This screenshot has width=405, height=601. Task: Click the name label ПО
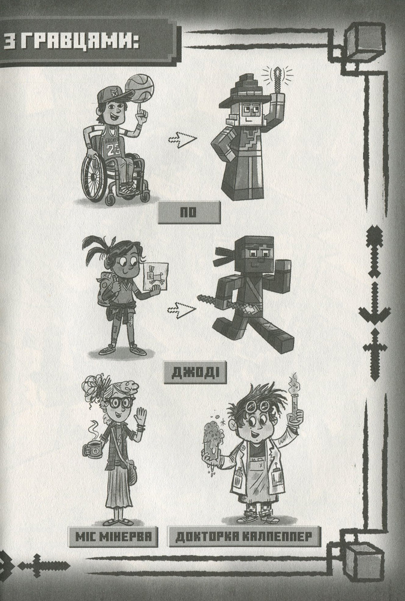189,212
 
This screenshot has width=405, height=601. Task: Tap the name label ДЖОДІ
195,373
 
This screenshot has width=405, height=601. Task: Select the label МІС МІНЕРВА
113,537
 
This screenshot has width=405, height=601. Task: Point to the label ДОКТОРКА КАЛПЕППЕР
244,537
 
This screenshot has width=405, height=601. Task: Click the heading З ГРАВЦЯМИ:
71,42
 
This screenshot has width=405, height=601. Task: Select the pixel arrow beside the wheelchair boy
182,139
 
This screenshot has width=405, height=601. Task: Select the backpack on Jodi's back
106,288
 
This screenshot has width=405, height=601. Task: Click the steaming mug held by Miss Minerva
92,448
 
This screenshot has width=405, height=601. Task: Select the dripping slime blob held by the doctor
214,441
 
